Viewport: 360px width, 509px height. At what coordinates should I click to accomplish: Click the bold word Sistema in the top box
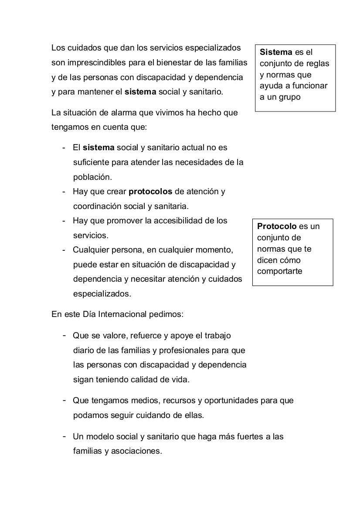(x=276, y=52)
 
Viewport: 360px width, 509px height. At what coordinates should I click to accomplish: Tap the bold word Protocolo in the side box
(x=277, y=226)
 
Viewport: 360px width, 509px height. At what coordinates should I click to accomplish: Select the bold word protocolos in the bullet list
(x=151, y=192)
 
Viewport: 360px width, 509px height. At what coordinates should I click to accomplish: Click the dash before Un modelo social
(x=64, y=436)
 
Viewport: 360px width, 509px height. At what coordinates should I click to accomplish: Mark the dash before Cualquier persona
(x=64, y=250)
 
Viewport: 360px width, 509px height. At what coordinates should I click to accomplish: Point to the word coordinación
(x=94, y=206)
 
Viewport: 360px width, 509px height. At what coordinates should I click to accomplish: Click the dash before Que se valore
(x=64, y=335)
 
